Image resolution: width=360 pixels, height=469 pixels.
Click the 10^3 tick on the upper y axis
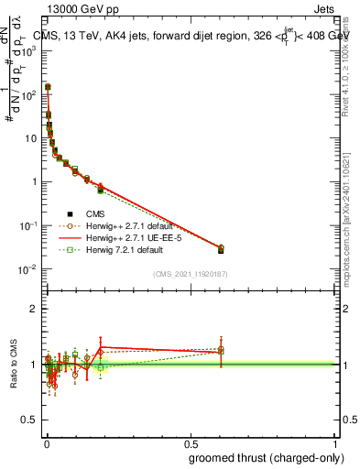(28, 51)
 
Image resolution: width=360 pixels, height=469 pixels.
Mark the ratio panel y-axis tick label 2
(34, 309)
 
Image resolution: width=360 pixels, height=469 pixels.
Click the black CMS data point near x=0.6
(221, 250)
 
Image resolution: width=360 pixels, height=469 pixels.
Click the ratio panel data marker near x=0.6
(221, 350)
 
